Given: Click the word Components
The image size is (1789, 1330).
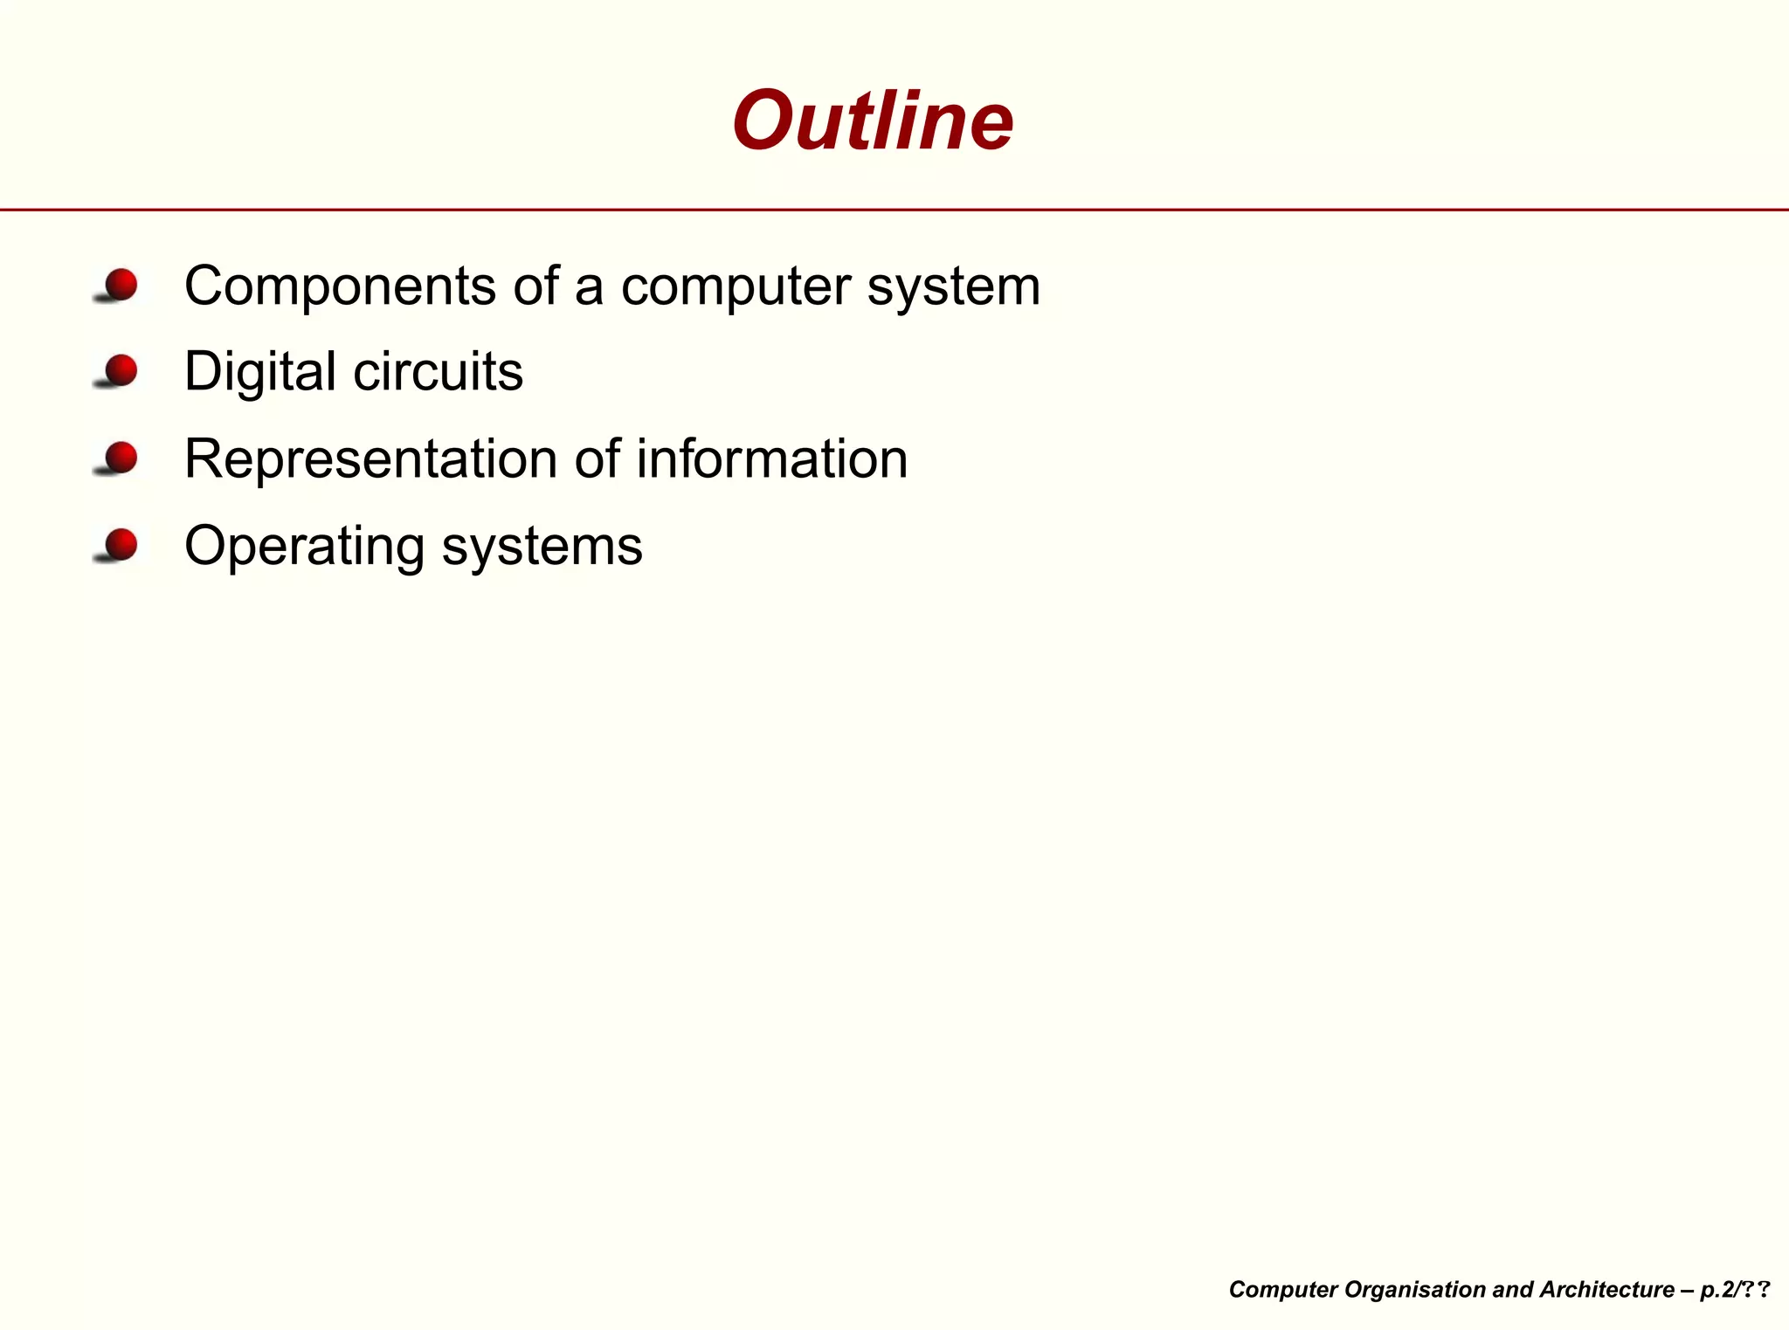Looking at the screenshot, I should pyautogui.click(x=340, y=286).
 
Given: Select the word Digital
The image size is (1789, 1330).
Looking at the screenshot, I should pyautogui.click(x=260, y=372).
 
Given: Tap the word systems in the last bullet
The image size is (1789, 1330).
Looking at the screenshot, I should pyautogui.click(x=542, y=547).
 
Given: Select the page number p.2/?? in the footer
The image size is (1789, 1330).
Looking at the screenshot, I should pyautogui.click(x=1735, y=1290).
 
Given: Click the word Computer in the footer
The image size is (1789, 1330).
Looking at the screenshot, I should pyautogui.click(x=1282, y=1290).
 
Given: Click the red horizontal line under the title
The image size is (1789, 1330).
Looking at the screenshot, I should pyautogui.click(x=894, y=210).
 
